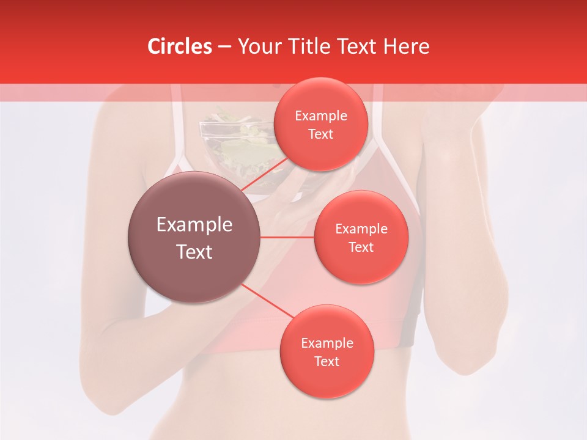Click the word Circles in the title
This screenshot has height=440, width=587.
[179, 46]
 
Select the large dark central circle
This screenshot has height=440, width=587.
[194, 237]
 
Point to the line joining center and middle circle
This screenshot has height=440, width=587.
[287, 237]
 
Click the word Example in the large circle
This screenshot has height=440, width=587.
[194, 225]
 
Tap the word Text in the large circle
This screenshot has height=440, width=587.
[194, 252]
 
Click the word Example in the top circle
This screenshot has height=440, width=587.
[321, 116]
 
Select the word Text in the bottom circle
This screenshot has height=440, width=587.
[327, 362]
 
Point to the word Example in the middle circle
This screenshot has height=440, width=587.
[361, 229]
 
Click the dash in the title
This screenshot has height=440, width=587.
[224, 47]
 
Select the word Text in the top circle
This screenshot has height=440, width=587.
[320, 134]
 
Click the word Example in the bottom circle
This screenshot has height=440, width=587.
[327, 343]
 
